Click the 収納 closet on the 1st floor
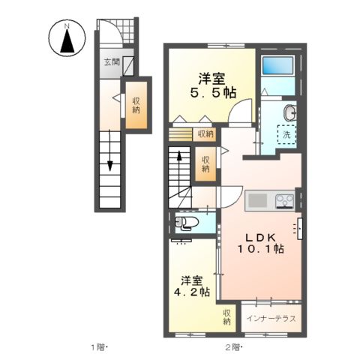[136, 106]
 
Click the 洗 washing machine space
[286, 135]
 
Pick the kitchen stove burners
[285, 201]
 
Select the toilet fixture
[187, 222]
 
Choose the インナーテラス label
[271, 318]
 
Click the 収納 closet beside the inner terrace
[227, 316]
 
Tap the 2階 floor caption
[232, 346]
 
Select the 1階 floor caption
[100, 346]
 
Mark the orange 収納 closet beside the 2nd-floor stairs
[204, 163]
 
